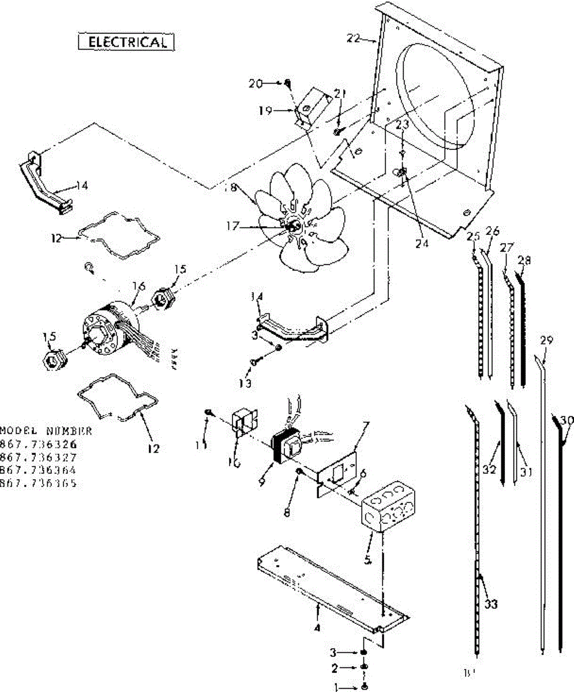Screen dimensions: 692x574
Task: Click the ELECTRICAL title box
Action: coord(125,42)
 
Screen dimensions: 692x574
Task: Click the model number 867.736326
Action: coord(38,445)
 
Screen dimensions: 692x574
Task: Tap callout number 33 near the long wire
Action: coord(491,604)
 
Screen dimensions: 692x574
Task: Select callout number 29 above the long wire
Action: coord(546,340)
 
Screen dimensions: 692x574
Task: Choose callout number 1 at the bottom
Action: coord(337,686)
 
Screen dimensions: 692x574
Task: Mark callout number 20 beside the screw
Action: coord(256,83)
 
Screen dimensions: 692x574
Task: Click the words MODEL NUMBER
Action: coord(46,431)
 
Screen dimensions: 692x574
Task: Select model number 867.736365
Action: coord(38,484)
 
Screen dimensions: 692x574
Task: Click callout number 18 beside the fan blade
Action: coord(250,189)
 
